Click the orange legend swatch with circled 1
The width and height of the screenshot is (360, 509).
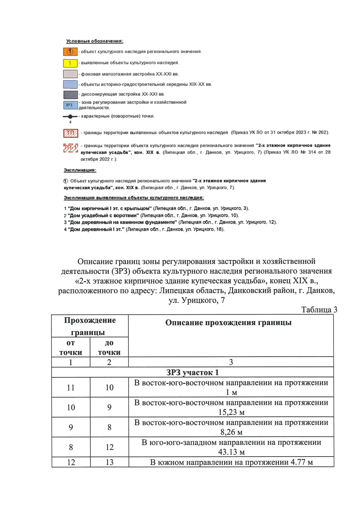[70, 52]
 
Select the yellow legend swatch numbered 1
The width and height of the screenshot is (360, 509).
[70, 63]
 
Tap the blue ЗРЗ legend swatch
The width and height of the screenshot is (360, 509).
[70, 105]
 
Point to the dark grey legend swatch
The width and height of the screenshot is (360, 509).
[70, 95]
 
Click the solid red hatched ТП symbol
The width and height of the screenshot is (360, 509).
[70, 133]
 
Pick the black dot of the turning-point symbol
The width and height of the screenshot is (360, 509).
[70, 116]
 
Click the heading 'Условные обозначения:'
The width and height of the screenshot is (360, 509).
[94, 41]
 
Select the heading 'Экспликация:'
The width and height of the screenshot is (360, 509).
[80, 170]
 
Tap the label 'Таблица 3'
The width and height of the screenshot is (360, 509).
[319, 310]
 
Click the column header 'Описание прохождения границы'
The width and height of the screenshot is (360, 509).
[228, 323]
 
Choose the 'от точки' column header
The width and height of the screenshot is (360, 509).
[70, 347]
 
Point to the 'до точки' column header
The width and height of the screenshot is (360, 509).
[109, 347]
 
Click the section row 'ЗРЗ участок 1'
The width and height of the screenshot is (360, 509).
[192, 373]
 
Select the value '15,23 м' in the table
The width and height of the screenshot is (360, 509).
[231, 412]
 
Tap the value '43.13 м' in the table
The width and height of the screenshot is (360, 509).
[231, 452]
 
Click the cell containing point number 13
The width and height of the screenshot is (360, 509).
[109, 462]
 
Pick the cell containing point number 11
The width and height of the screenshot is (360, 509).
[71, 388]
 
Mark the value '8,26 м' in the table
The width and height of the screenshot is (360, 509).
[231, 432]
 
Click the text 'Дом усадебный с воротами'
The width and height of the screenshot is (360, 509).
[103, 215]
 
